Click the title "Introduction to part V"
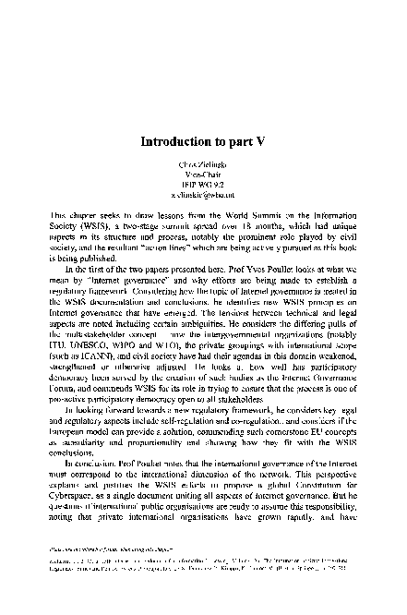(x=203, y=143)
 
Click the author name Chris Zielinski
(x=203, y=163)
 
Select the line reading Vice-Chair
(x=203, y=174)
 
